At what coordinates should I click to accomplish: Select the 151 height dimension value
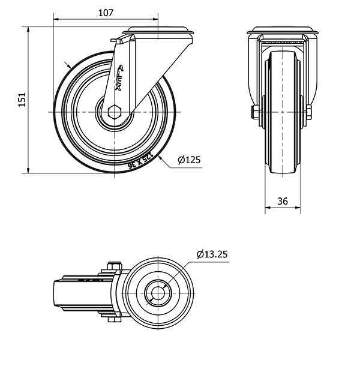[21, 100]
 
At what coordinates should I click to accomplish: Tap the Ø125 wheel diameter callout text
[189, 160]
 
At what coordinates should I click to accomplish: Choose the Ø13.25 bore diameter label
[212, 254]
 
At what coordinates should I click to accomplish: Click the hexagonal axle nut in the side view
[115, 112]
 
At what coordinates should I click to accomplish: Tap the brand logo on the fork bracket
[119, 76]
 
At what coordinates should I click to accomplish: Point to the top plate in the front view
[284, 31]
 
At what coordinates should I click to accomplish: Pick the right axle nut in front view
[308, 112]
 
